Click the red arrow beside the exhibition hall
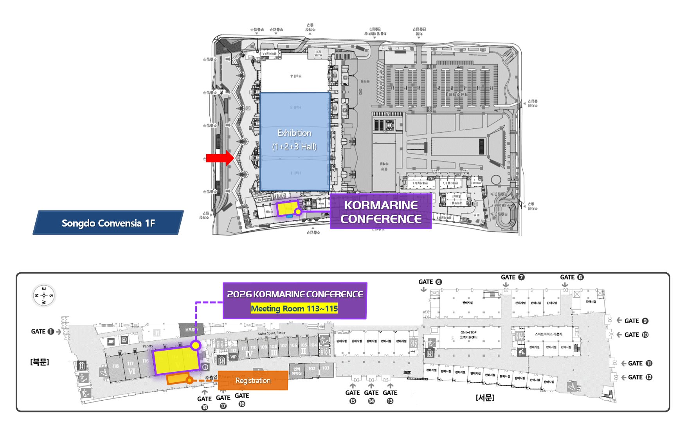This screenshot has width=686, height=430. coord(220,158)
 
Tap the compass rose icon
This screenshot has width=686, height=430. coord(44,295)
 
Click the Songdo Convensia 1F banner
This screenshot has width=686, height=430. coord(108,223)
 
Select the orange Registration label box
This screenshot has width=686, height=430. coord(253,380)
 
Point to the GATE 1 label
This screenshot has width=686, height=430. coord(43,331)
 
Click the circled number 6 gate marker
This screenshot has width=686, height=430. coord(439,282)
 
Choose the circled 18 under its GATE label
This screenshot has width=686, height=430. coord(204,407)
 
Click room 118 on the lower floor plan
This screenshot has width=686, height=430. coord(115,366)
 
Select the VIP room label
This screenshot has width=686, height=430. coord(234,357)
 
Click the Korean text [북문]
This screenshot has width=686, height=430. coord(40,362)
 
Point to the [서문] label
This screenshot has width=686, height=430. coord(485,398)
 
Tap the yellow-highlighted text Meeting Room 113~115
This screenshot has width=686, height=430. coord(294,309)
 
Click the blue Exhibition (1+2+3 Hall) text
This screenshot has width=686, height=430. coord(294,140)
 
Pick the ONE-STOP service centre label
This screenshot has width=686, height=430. coord(468,335)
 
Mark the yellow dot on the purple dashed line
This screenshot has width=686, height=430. coord(196,345)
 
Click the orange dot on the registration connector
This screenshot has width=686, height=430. coord(189,380)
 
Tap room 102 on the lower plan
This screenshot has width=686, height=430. coord(311,369)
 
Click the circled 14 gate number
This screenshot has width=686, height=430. coord(371,401)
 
